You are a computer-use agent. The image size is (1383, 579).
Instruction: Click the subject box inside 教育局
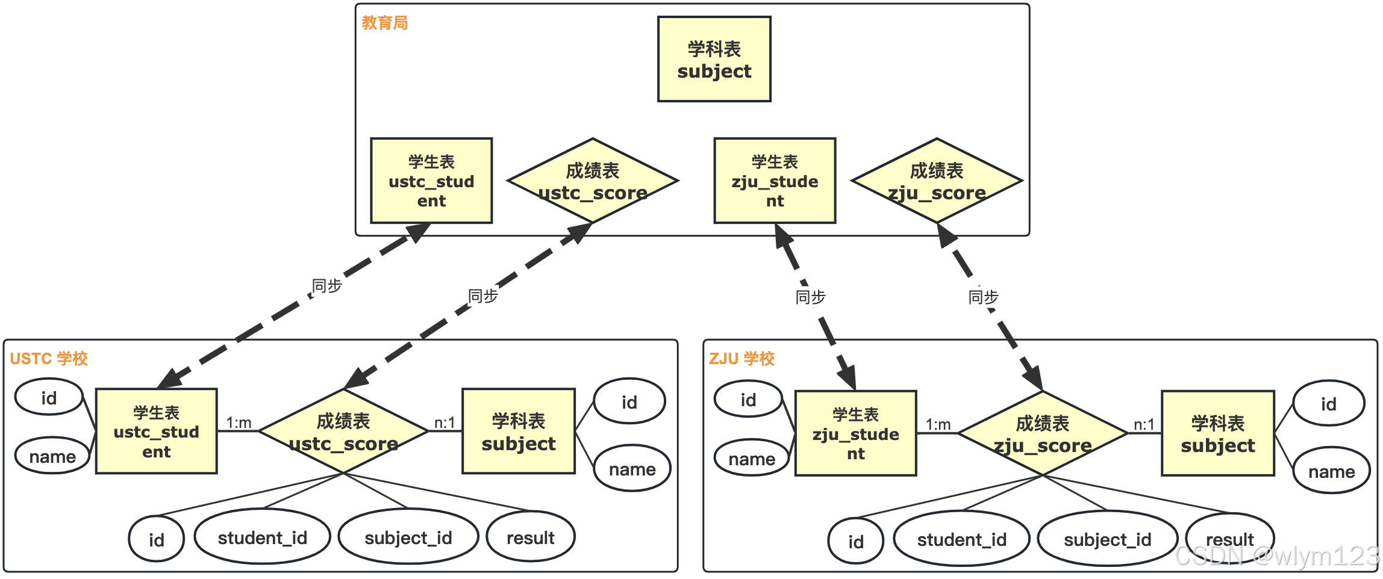point(714,59)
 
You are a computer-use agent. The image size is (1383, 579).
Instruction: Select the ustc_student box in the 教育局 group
point(431,181)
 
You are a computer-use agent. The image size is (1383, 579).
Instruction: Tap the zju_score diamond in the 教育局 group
point(937,181)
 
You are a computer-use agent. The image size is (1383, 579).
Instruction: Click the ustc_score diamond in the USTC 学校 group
point(343,431)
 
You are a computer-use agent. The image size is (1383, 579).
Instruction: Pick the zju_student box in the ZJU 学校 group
point(855,433)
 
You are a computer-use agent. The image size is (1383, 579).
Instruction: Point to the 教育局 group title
point(385,23)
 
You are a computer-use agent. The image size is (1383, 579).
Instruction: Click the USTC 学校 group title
point(49,359)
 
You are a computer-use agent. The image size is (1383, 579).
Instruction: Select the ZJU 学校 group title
point(741,359)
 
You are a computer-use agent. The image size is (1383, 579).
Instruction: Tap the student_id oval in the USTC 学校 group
point(263,537)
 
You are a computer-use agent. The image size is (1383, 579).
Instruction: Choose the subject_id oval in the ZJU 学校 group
point(1107,539)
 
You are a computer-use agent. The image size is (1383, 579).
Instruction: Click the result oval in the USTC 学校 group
point(531,537)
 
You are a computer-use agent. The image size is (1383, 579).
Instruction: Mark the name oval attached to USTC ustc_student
point(52,456)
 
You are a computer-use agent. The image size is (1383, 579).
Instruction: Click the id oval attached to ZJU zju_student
point(748,399)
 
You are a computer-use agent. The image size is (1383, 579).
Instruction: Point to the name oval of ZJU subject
point(1331,471)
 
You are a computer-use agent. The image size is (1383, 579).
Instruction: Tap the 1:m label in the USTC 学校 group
point(239,423)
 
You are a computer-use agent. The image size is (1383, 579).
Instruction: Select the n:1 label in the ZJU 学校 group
point(1144,425)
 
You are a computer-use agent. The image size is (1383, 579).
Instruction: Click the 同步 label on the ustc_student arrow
point(327,285)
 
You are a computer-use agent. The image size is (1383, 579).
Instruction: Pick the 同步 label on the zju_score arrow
point(983,297)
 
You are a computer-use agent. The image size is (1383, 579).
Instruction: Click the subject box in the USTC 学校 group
point(519,431)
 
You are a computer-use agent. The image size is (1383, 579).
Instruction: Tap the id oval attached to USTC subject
point(629,401)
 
